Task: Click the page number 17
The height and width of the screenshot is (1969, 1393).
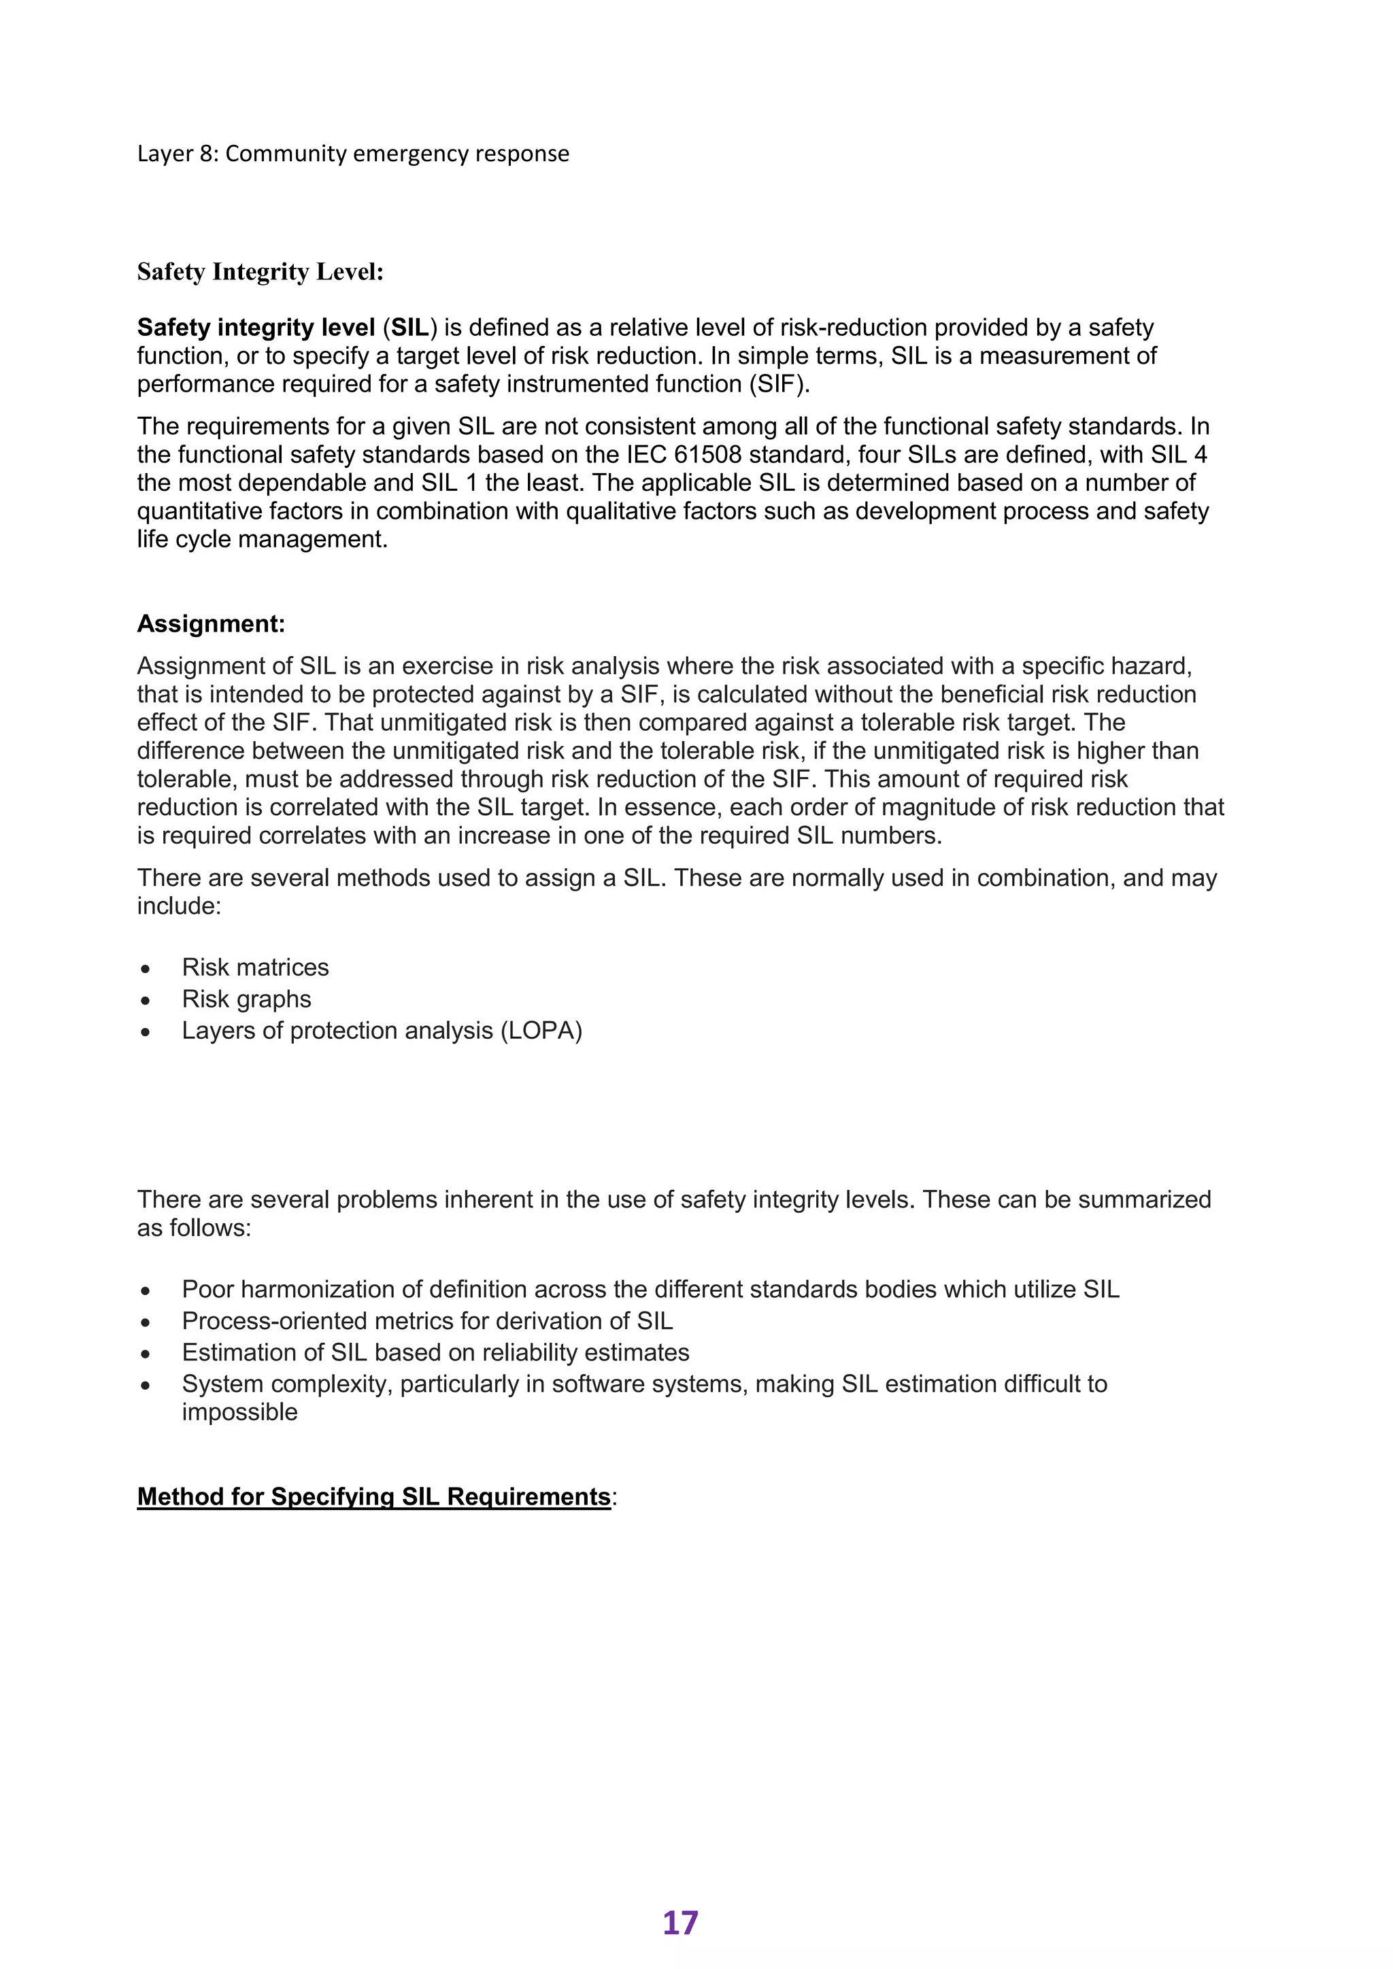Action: [680, 1923]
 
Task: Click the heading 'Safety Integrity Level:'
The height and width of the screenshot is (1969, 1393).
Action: [260, 272]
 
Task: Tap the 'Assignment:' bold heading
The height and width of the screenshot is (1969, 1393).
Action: [210, 623]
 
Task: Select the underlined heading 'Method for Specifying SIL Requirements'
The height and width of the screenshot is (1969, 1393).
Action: [373, 1496]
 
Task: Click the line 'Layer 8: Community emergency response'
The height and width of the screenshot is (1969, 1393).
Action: [352, 154]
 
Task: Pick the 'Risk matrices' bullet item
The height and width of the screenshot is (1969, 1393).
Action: [255, 968]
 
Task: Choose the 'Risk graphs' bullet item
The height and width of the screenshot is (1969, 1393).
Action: [246, 999]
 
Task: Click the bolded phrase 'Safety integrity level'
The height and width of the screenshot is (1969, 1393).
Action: [256, 328]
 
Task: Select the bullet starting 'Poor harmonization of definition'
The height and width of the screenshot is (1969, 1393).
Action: [650, 1290]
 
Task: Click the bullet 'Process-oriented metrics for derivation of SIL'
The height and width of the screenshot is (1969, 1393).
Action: [427, 1322]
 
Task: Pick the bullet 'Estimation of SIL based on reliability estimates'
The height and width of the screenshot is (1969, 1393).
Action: [435, 1353]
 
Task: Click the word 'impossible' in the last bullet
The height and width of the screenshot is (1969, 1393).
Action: [239, 1412]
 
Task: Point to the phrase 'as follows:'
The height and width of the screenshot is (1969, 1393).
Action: [194, 1228]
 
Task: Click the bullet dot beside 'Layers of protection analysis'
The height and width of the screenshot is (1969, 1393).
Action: [146, 1031]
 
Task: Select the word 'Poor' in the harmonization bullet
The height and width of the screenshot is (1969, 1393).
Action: [207, 1290]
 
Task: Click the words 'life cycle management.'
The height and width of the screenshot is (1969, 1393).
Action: [263, 539]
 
